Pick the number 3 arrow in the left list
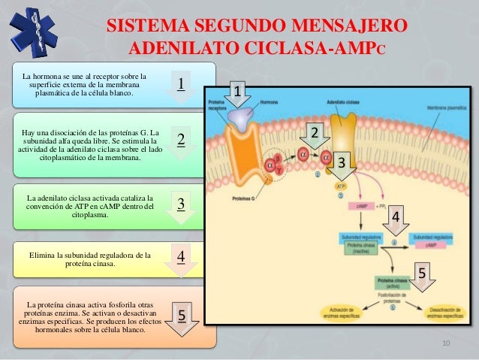pyautogui.click(x=181, y=207)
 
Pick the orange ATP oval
pyautogui.click(x=341, y=186)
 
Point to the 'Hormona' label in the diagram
pyautogui.click(x=268, y=101)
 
